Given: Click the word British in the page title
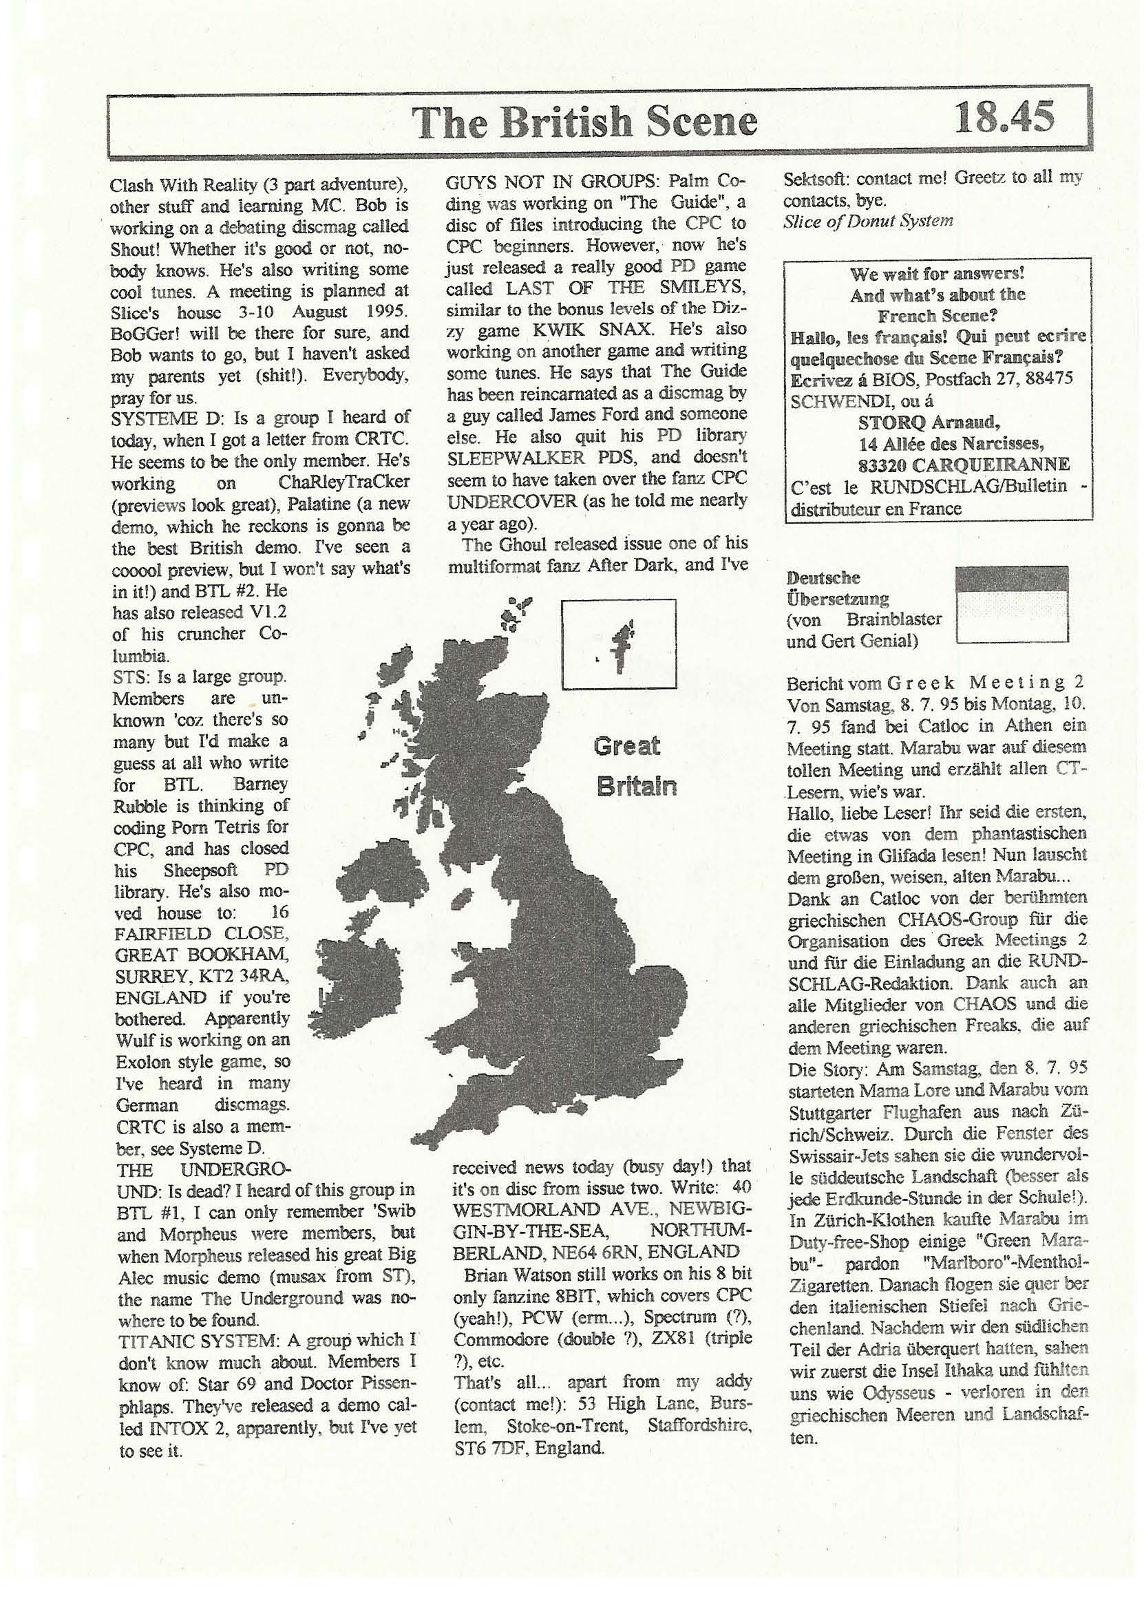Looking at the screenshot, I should [568, 122].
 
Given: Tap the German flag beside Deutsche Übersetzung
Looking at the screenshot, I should [1011, 605].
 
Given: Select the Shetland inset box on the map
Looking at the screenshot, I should [619, 643].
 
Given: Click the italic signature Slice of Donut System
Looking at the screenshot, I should [868, 220].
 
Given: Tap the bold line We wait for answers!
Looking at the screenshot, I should [937, 273].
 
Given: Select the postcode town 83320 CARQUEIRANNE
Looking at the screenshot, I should [964, 465].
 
